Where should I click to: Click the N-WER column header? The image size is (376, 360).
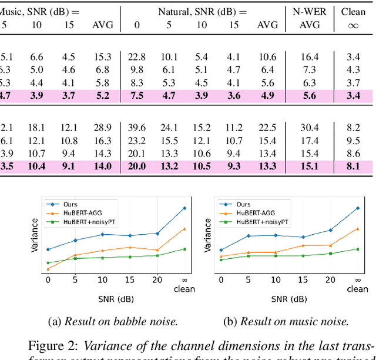pos(309,11)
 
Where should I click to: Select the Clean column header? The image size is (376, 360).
pos(353,11)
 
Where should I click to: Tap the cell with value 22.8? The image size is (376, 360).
pos(136,57)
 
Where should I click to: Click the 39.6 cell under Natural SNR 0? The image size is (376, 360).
pos(136,128)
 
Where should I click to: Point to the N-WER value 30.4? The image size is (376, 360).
pos(309,128)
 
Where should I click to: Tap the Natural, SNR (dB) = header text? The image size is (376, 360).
pos(202,11)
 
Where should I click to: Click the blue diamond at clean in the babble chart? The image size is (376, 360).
pos(184,208)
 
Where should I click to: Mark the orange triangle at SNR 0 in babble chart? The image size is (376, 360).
pos(48,269)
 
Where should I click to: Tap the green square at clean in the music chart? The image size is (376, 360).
pos(357,249)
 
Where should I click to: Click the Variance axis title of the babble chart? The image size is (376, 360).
pos(35,235)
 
